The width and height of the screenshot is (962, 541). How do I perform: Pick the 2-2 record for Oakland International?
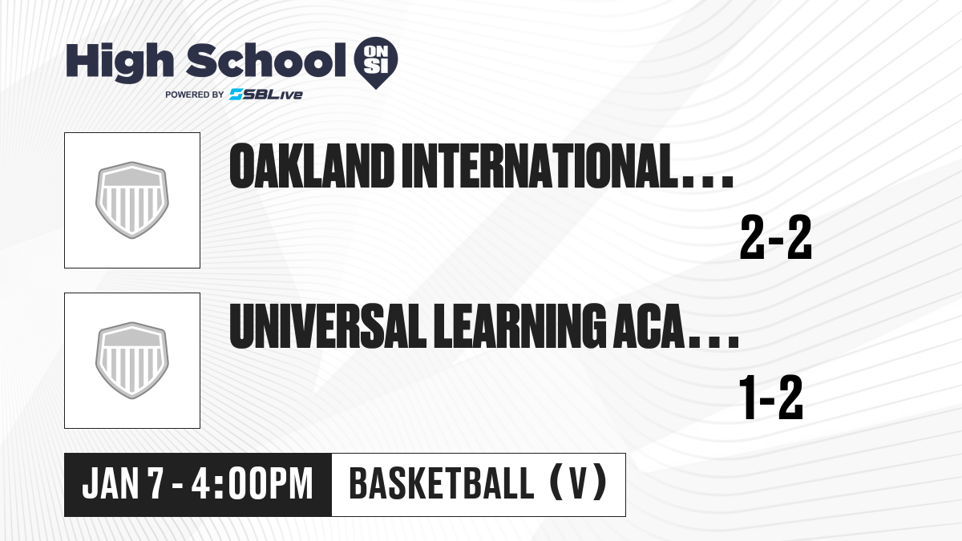tap(776, 240)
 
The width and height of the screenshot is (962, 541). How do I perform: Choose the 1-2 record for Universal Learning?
tap(770, 400)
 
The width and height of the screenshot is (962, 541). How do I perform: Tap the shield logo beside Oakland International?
tap(132, 200)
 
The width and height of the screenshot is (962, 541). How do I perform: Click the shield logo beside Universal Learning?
tap(132, 361)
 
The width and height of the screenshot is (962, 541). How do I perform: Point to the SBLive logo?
tap(265, 95)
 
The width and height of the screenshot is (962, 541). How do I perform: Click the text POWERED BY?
tap(194, 95)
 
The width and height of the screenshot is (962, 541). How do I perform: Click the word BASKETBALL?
tap(440, 485)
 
